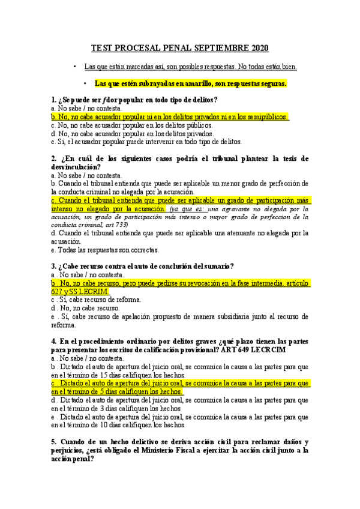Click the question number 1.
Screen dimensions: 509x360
pyautogui.click(x=54, y=99)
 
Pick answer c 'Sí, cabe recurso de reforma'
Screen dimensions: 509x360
pyautogui.click(x=97, y=299)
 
